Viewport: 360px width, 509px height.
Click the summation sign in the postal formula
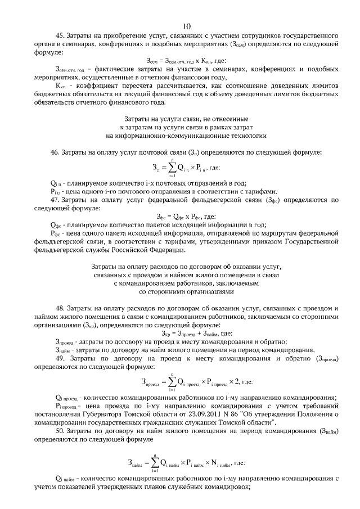(170, 168)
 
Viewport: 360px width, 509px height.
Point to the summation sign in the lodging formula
(152, 463)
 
